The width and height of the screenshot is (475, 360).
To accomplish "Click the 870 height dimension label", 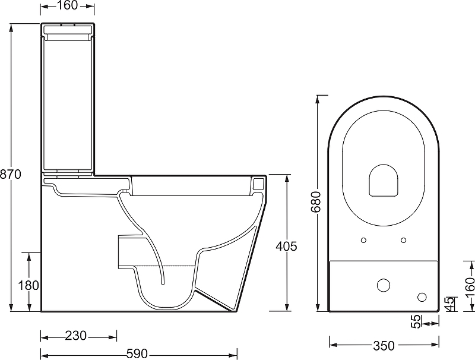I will (11, 174).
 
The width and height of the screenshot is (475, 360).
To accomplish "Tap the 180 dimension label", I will (28, 285).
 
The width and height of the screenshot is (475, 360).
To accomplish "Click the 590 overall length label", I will (137, 354).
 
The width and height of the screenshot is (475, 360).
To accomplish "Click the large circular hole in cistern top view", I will (384, 284).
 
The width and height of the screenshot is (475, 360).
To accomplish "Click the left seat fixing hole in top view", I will (363, 240).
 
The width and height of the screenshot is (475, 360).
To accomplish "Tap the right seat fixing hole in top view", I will (404, 240).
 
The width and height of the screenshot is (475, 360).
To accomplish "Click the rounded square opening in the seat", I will (384, 179).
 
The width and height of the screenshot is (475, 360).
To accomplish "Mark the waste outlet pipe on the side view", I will (132, 250).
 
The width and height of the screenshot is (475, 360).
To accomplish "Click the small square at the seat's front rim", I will (258, 185).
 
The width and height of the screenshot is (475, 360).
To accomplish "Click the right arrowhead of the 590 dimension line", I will (236, 354).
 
